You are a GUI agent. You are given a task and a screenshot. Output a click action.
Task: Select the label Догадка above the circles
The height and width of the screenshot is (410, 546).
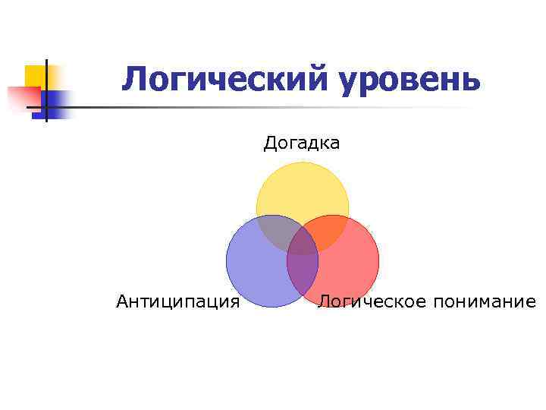point(302,143)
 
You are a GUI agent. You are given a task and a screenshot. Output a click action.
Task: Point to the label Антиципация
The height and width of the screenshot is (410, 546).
point(178,302)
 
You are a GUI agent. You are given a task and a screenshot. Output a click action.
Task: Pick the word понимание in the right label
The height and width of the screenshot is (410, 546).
point(485,302)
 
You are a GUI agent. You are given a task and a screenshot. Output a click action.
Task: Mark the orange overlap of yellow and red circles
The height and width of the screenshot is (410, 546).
point(327,232)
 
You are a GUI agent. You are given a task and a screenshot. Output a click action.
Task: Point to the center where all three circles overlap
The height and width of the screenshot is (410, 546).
point(303,241)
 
